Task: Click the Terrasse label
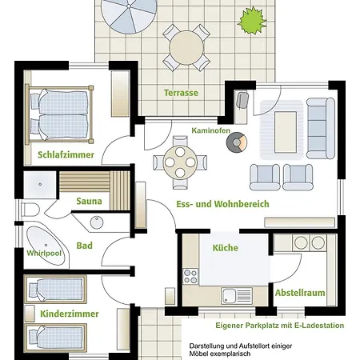click(x=181, y=93)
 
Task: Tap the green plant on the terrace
click(x=252, y=21)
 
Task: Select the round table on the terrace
click(x=186, y=48)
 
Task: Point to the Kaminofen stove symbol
click(x=237, y=142)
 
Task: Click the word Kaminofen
click(x=210, y=130)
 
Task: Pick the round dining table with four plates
click(x=180, y=162)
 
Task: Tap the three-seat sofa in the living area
click(x=321, y=128)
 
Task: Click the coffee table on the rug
click(x=286, y=132)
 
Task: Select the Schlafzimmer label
click(x=66, y=154)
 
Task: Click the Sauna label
click(x=89, y=201)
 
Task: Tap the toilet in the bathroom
click(x=30, y=210)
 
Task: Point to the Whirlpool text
click(x=44, y=253)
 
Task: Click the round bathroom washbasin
click(x=97, y=222)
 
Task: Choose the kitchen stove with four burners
click(x=190, y=276)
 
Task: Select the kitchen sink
click(x=237, y=296)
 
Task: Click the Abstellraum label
click(x=300, y=293)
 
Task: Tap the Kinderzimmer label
click(x=70, y=314)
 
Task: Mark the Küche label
click(x=226, y=248)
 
